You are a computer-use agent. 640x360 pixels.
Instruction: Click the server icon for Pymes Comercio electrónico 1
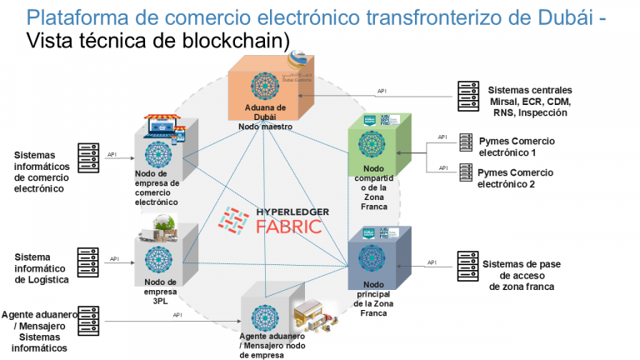click(x=464, y=142)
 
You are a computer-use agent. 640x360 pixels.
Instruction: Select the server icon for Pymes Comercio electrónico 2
click(x=464, y=172)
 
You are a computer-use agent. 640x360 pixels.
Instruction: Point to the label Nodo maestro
click(x=269, y=127)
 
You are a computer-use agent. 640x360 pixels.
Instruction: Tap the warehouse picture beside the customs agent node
click(x=317, y=318)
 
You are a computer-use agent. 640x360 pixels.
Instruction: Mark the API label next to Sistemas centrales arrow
click(x=382, y=91)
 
